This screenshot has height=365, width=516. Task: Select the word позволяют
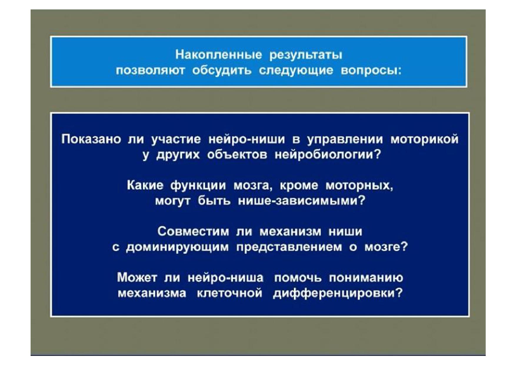[150, 71]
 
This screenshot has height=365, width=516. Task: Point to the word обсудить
[222, 71]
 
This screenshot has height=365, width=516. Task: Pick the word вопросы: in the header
[371, 71]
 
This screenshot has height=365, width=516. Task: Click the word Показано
[91, 139]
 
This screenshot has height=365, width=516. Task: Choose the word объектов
[237, 155]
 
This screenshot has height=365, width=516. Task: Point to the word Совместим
[193, 232]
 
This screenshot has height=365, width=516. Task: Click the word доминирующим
[177, 247]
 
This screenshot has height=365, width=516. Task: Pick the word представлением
[289, 247]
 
